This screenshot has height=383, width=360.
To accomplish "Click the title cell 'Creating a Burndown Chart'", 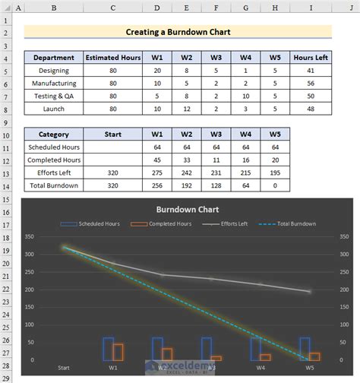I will pyautogui.click(x=177, y=33).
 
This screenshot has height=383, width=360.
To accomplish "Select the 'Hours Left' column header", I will pyautogui.click(x=310, y=58).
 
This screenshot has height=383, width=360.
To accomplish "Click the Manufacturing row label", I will pyautogui.click(x=53, y=83).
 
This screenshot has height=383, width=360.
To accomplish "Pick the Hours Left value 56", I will pyautogui.click(x=310, y=83).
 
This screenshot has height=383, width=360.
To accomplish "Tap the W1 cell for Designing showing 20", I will pyautogui.click(x=157, y=71).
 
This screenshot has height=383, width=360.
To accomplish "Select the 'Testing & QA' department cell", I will pyautogui.click(x=53, y=96).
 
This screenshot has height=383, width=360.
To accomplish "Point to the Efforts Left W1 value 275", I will pyautogui.click(x=157, y=173).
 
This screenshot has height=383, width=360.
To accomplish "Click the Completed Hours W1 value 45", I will pyautogui.click(x=157, y=160).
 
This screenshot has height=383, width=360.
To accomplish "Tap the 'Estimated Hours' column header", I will pyautogui.click(x=112, y=58).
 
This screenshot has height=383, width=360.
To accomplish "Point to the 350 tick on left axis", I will pyautogui.click(x=30, y=236).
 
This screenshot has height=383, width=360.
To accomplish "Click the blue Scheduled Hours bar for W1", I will pyautogui.click(x=108, y=348).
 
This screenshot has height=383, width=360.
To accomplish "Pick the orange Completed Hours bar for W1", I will pyautogui.click(x=118, y=352).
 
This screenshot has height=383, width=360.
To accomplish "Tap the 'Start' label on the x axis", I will pyautogui.click(x=64, y=369).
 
